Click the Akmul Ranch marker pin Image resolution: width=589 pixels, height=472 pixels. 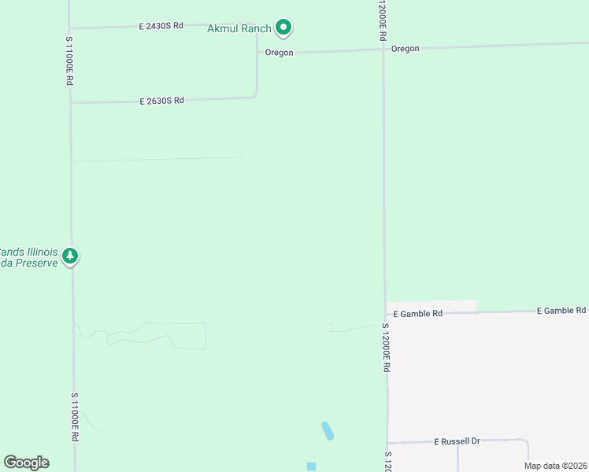pyautogui.click(x=283, y=28)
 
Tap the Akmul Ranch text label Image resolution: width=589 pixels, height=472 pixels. pyautogui.click(x=239, y=29)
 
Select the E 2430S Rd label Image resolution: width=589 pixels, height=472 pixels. pyautogui.click(x=161, y=26)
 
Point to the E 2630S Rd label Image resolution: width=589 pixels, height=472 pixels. pyautogui.click(x=161, y=101)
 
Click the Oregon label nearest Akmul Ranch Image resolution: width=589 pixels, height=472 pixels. pyautogui.click(x=279, y=53)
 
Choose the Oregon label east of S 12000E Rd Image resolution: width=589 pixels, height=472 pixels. pyautogui.click(x=406, y=49)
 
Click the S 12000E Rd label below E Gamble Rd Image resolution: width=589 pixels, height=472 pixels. pyautogui.click(x=387, y=347)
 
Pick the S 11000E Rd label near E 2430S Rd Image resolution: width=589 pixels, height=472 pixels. pyautogui.click(x=69, y=60)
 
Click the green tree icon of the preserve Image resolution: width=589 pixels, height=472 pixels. pyautogui.click(x=70, y=256)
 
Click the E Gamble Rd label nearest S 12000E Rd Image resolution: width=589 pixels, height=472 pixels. pyautogui.click(x=418, y=313)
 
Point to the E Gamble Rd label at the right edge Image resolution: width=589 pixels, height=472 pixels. pyautogui.click(x=561, y=311)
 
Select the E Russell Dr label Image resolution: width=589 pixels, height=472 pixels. pyautogui.click(x=457, y=441)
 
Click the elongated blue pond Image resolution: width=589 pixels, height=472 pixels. pyautogui.click(x=328, y=430)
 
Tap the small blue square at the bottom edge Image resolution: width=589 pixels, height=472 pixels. pyautogui.click(x=311, y=466)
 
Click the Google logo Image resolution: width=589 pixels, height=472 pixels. pyautogui.click(x=26, y=463)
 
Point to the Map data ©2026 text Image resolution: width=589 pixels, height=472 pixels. pyautogui.click(x=555, y=466)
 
